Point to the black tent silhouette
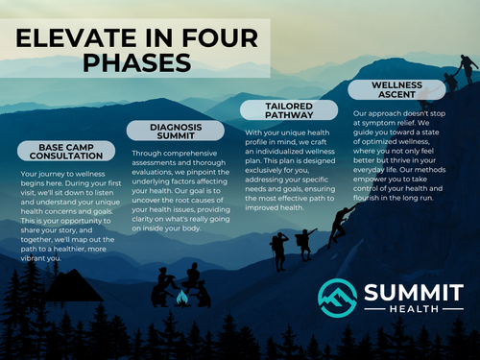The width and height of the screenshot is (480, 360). (x=72, y=286)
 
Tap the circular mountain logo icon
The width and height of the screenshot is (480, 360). (x=337, y=298)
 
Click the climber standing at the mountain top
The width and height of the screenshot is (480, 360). (x=468, y=68)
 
